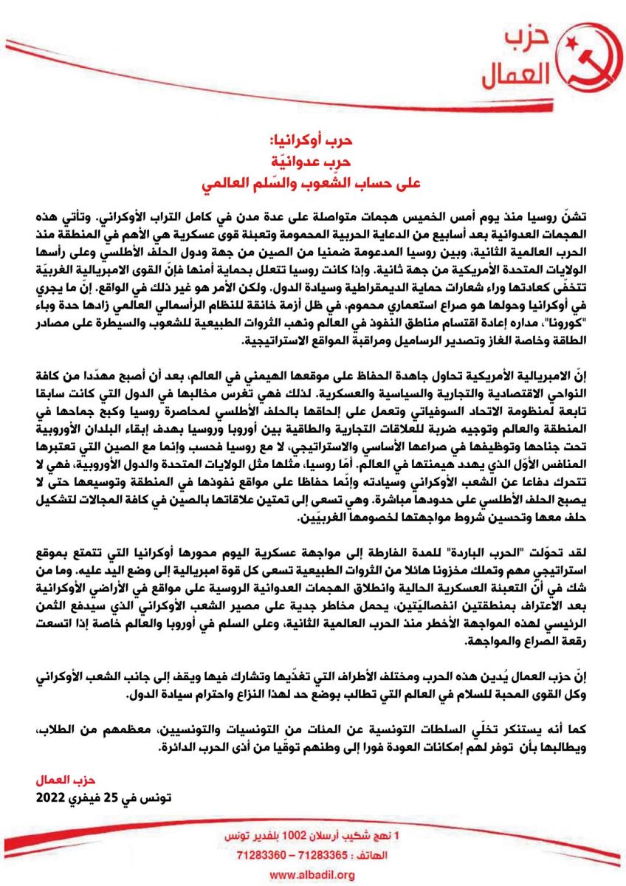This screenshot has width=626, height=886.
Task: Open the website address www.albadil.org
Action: pos(312,875)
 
